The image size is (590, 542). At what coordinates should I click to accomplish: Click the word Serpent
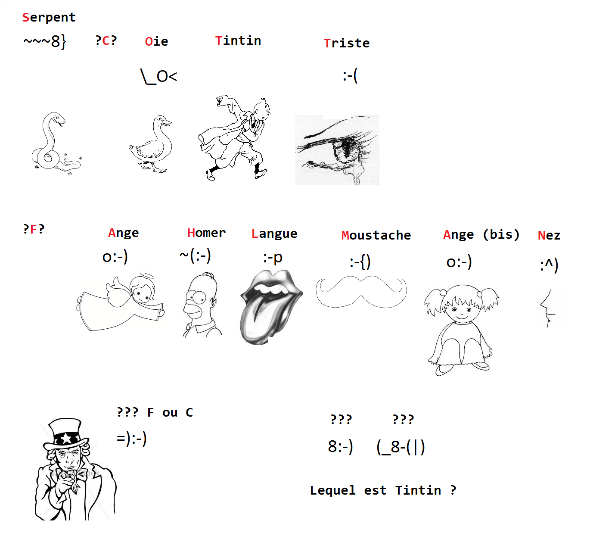(x=49, y=17)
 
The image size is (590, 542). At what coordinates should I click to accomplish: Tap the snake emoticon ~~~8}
(x=45, y=41)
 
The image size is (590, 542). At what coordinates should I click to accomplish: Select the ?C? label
(x=106, y=40)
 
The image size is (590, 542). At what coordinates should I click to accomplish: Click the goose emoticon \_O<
(x=158, y=77)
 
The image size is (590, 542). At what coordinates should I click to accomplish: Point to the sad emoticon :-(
(x=350, y=76)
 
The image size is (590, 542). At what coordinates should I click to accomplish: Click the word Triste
(x=347, y=43)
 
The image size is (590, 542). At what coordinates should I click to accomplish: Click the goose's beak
(x=167, y=123)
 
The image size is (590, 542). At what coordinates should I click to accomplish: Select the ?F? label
(x=34, y=229)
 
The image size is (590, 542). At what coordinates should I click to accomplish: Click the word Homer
(x=206, y=233)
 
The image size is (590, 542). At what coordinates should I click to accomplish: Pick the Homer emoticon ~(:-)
(x=195, y=255)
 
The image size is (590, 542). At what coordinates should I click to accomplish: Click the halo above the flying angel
(x=146, y=276)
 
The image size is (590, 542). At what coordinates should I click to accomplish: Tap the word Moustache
(x=376, y=235)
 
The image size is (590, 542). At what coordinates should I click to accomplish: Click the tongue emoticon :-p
(x=273, y=258)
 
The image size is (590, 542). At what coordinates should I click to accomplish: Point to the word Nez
(x=549, y=235)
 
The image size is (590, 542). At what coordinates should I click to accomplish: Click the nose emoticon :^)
(x=549, y=265)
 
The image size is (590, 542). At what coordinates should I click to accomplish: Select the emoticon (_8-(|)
(x=401, y=447)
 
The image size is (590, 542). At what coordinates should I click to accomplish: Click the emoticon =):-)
(x=131, y=439)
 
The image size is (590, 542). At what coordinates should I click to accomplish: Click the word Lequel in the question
(x=332, y=490)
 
